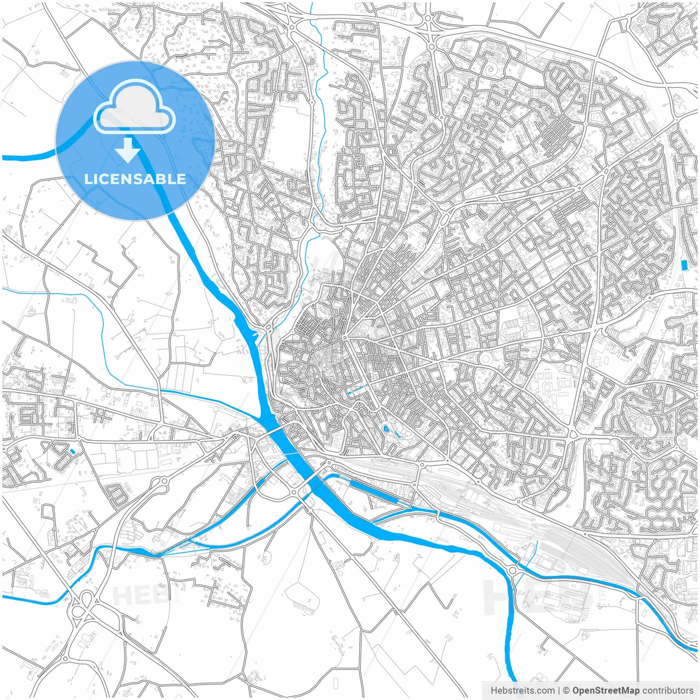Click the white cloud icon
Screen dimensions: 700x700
tap(135, 107)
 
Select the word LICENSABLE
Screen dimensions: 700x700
tap(135, 179)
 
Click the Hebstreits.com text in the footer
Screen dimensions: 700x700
tap(515, 691)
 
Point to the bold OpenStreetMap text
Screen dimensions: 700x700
tap(605, 691)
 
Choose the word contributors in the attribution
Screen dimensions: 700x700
tap(668, 691)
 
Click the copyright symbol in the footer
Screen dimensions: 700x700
tap(567, 691)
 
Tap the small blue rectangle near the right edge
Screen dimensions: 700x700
tap(684, 265)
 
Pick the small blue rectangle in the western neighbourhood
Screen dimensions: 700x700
tap(72, 451)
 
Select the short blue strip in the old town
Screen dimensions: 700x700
tap(356, 390)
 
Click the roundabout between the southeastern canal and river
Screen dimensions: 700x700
tap(512, 571)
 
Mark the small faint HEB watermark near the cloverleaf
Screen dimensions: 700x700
tap(134, 594)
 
